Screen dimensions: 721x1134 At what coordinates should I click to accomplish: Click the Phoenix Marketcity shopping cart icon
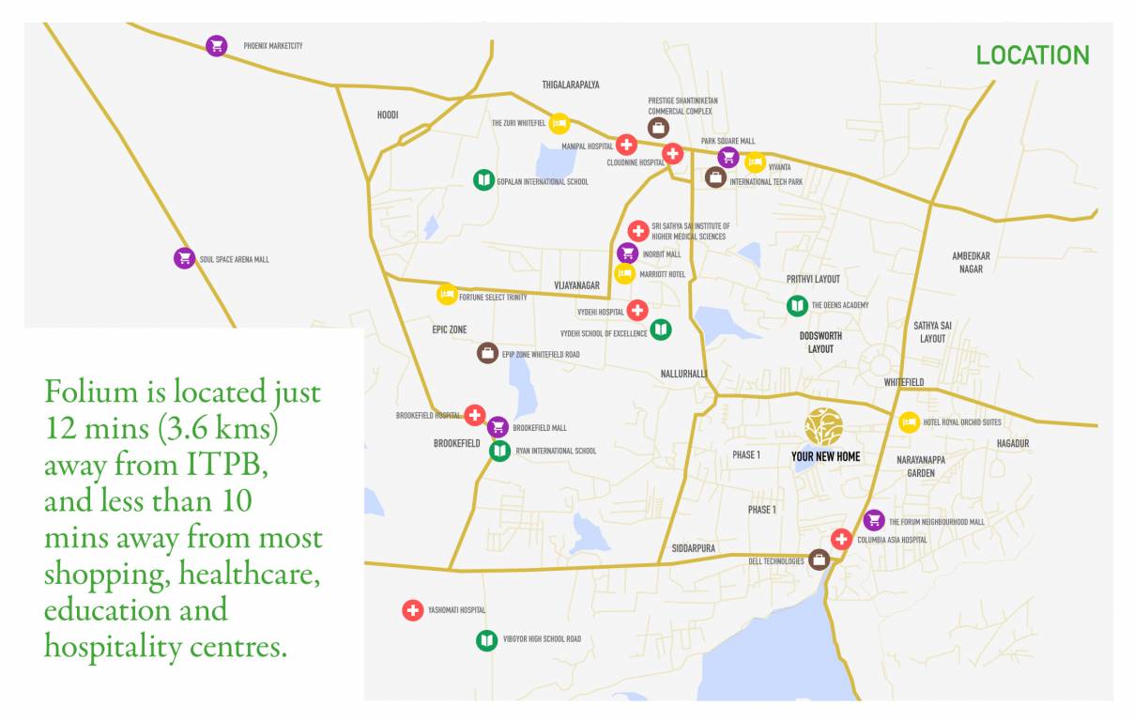217,45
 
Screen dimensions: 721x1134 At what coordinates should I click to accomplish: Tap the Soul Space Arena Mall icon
184,258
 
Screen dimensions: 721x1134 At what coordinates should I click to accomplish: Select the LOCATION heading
1033,55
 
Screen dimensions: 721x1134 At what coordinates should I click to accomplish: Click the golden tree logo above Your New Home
823,426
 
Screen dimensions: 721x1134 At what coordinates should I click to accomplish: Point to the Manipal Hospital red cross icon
626,146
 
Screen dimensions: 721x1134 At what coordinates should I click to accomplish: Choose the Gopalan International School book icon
483,180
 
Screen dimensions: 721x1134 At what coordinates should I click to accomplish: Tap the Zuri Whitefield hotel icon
559,123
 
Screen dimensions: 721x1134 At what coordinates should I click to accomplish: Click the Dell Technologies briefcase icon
820,560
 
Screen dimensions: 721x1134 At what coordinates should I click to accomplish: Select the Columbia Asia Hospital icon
841,539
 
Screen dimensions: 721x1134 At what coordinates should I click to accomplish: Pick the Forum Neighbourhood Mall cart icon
874,520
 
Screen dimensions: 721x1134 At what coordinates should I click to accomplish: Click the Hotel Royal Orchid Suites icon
909,422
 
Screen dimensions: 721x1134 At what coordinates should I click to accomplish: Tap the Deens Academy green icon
797,305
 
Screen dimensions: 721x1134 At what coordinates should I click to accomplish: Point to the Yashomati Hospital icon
412,610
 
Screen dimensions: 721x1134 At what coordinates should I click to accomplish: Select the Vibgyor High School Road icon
485,640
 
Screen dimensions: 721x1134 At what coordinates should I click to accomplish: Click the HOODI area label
388,115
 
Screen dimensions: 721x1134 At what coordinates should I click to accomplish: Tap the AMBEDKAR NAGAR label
971,262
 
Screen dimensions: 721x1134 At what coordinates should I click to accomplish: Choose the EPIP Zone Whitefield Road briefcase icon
487,353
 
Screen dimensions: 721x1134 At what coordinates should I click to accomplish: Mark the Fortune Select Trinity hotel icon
447,295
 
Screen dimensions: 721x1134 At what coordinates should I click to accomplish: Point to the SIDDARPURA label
694,547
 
